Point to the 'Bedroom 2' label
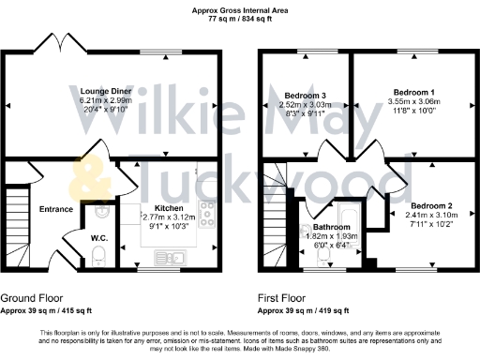pos(431,205)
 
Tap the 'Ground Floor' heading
pos(31,297)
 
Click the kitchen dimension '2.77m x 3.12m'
pos(170,216)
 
